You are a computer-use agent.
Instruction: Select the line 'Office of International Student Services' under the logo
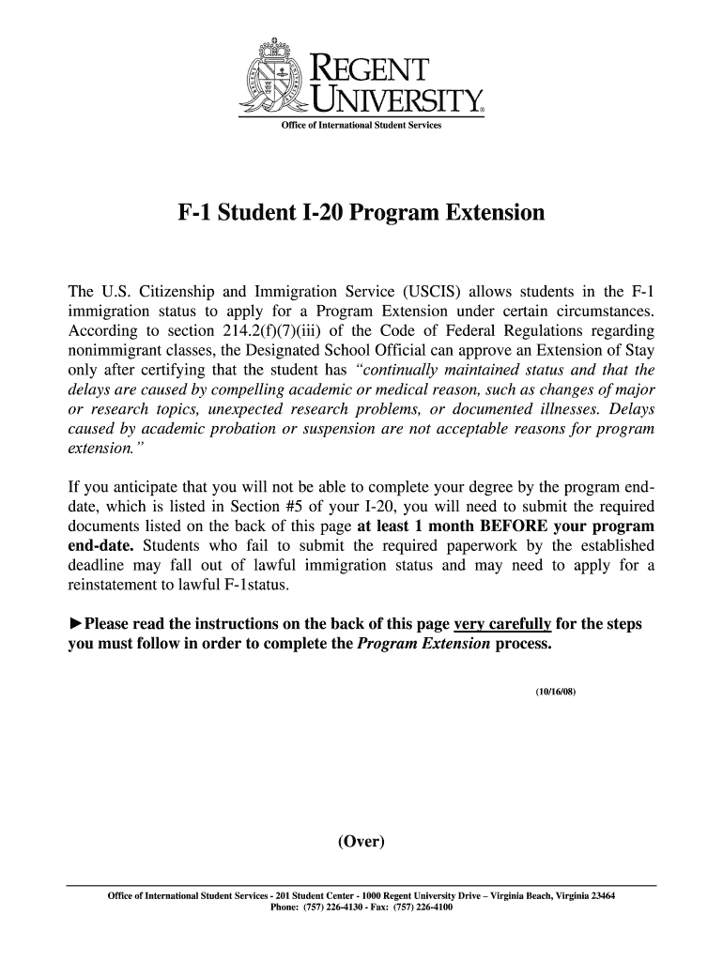[361, 126]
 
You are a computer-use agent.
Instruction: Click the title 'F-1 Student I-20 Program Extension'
[361, 214]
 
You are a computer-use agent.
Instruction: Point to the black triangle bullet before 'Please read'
[74, 624]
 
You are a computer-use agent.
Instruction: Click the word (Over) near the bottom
[361, 841]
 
